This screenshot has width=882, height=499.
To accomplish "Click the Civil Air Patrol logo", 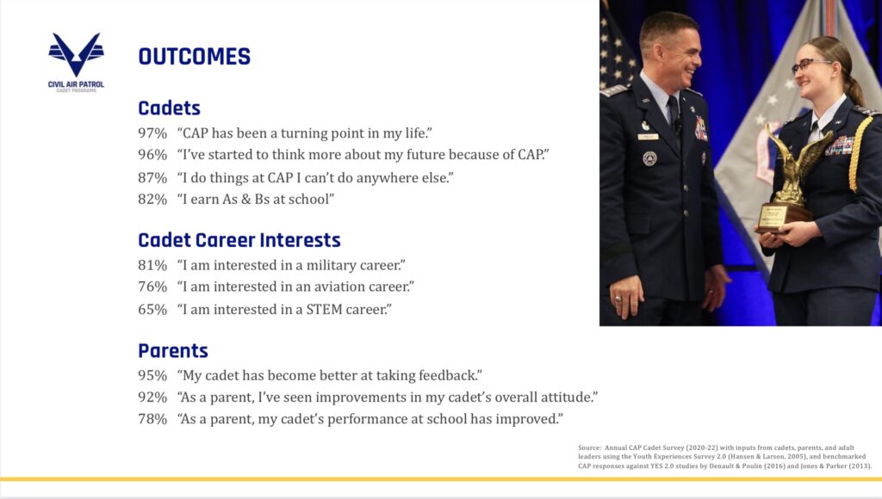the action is pyautogui.click(x=76, y=62).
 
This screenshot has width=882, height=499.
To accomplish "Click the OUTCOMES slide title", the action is pyautogui.click(x=195, y=57).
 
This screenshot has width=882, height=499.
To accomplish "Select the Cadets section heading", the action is pyautogui.click(x=170, y=108).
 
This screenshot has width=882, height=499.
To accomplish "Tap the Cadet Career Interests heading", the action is pyautogui.click(x=239, y=240).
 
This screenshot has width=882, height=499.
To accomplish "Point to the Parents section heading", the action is pyautogui.click(x=173, y=351).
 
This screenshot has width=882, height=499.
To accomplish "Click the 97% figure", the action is pyautogui.click(x=152, y=133).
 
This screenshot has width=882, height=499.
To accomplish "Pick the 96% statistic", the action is pyautogui.click(x=152, y=155).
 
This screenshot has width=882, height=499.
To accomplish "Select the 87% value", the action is pyautogui.click(x=152, y=177).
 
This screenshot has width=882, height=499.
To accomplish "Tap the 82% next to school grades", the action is pyautogui.click(x=152, y=199).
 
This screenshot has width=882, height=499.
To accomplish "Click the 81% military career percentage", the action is pyautogui.click(x=152, y=265).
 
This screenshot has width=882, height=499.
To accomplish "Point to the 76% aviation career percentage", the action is pyautogui.click(x=152, y=286).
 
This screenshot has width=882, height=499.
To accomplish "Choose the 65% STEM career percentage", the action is pyautogui.click(x=152, y=309).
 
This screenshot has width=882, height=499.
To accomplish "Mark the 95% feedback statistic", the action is pyautogui.click(x=152, y=375).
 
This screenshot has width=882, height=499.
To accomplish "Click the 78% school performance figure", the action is pyautogui.click(x=152, y=419).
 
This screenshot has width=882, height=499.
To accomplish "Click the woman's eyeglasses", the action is pyautogui.click(x=809, y=65).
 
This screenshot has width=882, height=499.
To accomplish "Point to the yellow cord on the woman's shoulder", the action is pyautogui.click(x=860, y=151).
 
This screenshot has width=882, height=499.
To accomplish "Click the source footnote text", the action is pyautogui.click(x=725, y=457).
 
